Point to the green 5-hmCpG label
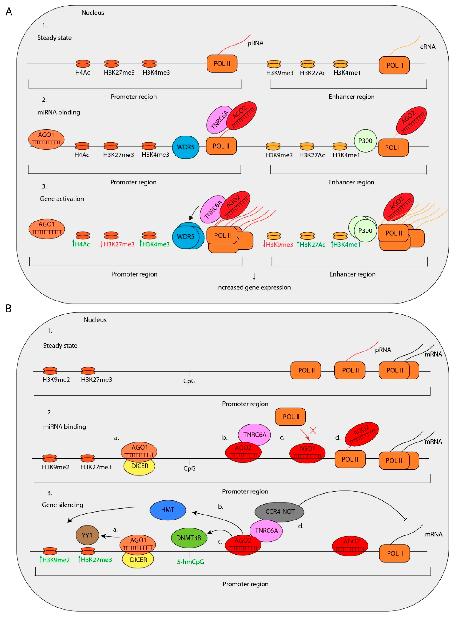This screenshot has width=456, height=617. pos(190,562)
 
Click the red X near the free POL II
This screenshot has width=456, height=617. pos(313,430)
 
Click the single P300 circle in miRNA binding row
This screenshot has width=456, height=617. pos(365,141)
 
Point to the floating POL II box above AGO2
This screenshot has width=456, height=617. pos(290,417)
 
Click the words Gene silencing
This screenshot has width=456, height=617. pos(62,505)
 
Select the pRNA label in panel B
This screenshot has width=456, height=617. pos(383,350)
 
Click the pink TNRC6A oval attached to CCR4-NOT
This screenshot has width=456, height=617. pos(266,530)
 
